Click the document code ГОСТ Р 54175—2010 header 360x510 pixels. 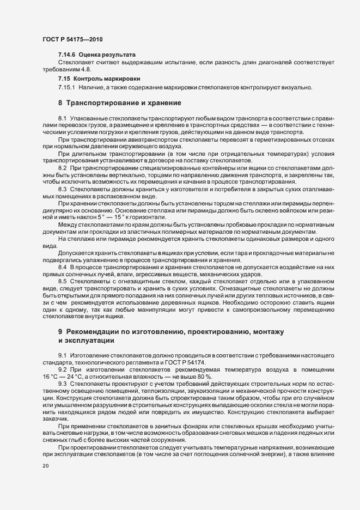coord(72,40)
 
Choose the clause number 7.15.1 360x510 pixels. coord(67,87)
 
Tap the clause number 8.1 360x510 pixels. coord(62,118)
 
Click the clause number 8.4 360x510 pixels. coord(62,267)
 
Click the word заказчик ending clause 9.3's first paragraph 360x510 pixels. coord(55,418)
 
